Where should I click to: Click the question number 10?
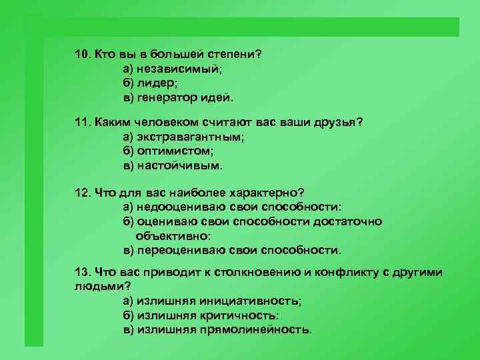[82, 54]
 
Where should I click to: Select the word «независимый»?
[176, 69]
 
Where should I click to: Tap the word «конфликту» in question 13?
[348, 274]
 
